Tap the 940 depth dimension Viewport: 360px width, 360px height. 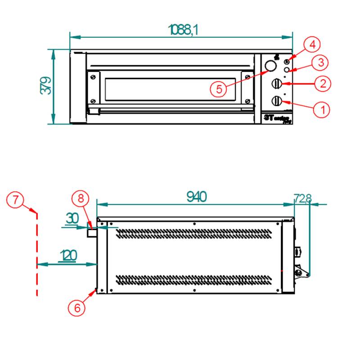[x=196, y=197]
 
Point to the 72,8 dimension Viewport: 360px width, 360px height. [x=302, y=198]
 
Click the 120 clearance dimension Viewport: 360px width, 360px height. [x=67, y=256]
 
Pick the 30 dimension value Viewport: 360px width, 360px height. [x=72, y=218]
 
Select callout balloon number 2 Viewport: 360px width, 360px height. [x=323, y=83]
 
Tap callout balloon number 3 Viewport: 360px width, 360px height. [x=320, y=62]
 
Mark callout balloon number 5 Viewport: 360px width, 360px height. [x=219, y=89]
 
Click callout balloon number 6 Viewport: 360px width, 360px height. [x=77, y=308]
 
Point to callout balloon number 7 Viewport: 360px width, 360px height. [x=16, y=199]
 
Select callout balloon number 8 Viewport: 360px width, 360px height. [x=81, y=198]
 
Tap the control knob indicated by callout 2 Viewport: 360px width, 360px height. [x=277, y=83]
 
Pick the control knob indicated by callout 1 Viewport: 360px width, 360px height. [x=277, y=100]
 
